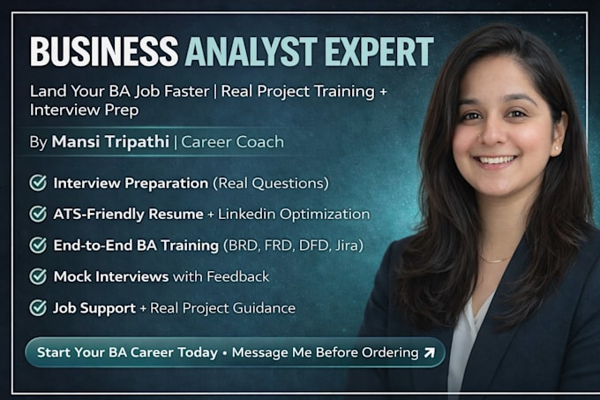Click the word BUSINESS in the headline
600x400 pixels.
pyautogui.click(x=104, y=52)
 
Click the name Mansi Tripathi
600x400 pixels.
pyautogui.click(x=110, y=141)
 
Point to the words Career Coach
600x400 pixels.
pyautogui.click(x=232, y=142)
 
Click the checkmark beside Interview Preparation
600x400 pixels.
pyautogui.click(x=38, y=183)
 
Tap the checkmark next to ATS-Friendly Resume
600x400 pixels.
pyautogui.click(x=38, y=214)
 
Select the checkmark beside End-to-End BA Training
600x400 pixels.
pyautogui.click(x=38, y=245)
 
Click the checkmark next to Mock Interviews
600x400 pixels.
pyautogui.click(x=38, y=276)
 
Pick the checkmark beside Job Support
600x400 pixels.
pyautogui.click(x=38, y=307)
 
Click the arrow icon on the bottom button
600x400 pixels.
pyautogui.click(x=430, y=352)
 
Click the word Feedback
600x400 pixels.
pyautogui.click(x=238, y=276)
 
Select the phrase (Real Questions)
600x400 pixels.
pyautogui.click(x=271, y=183)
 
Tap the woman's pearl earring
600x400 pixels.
pyautogui.click(x=556, y=147)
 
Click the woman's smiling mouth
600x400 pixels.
pyautogui.click(x=496, y=160)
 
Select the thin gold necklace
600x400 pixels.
pyautogui.click(x=494, y=260)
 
